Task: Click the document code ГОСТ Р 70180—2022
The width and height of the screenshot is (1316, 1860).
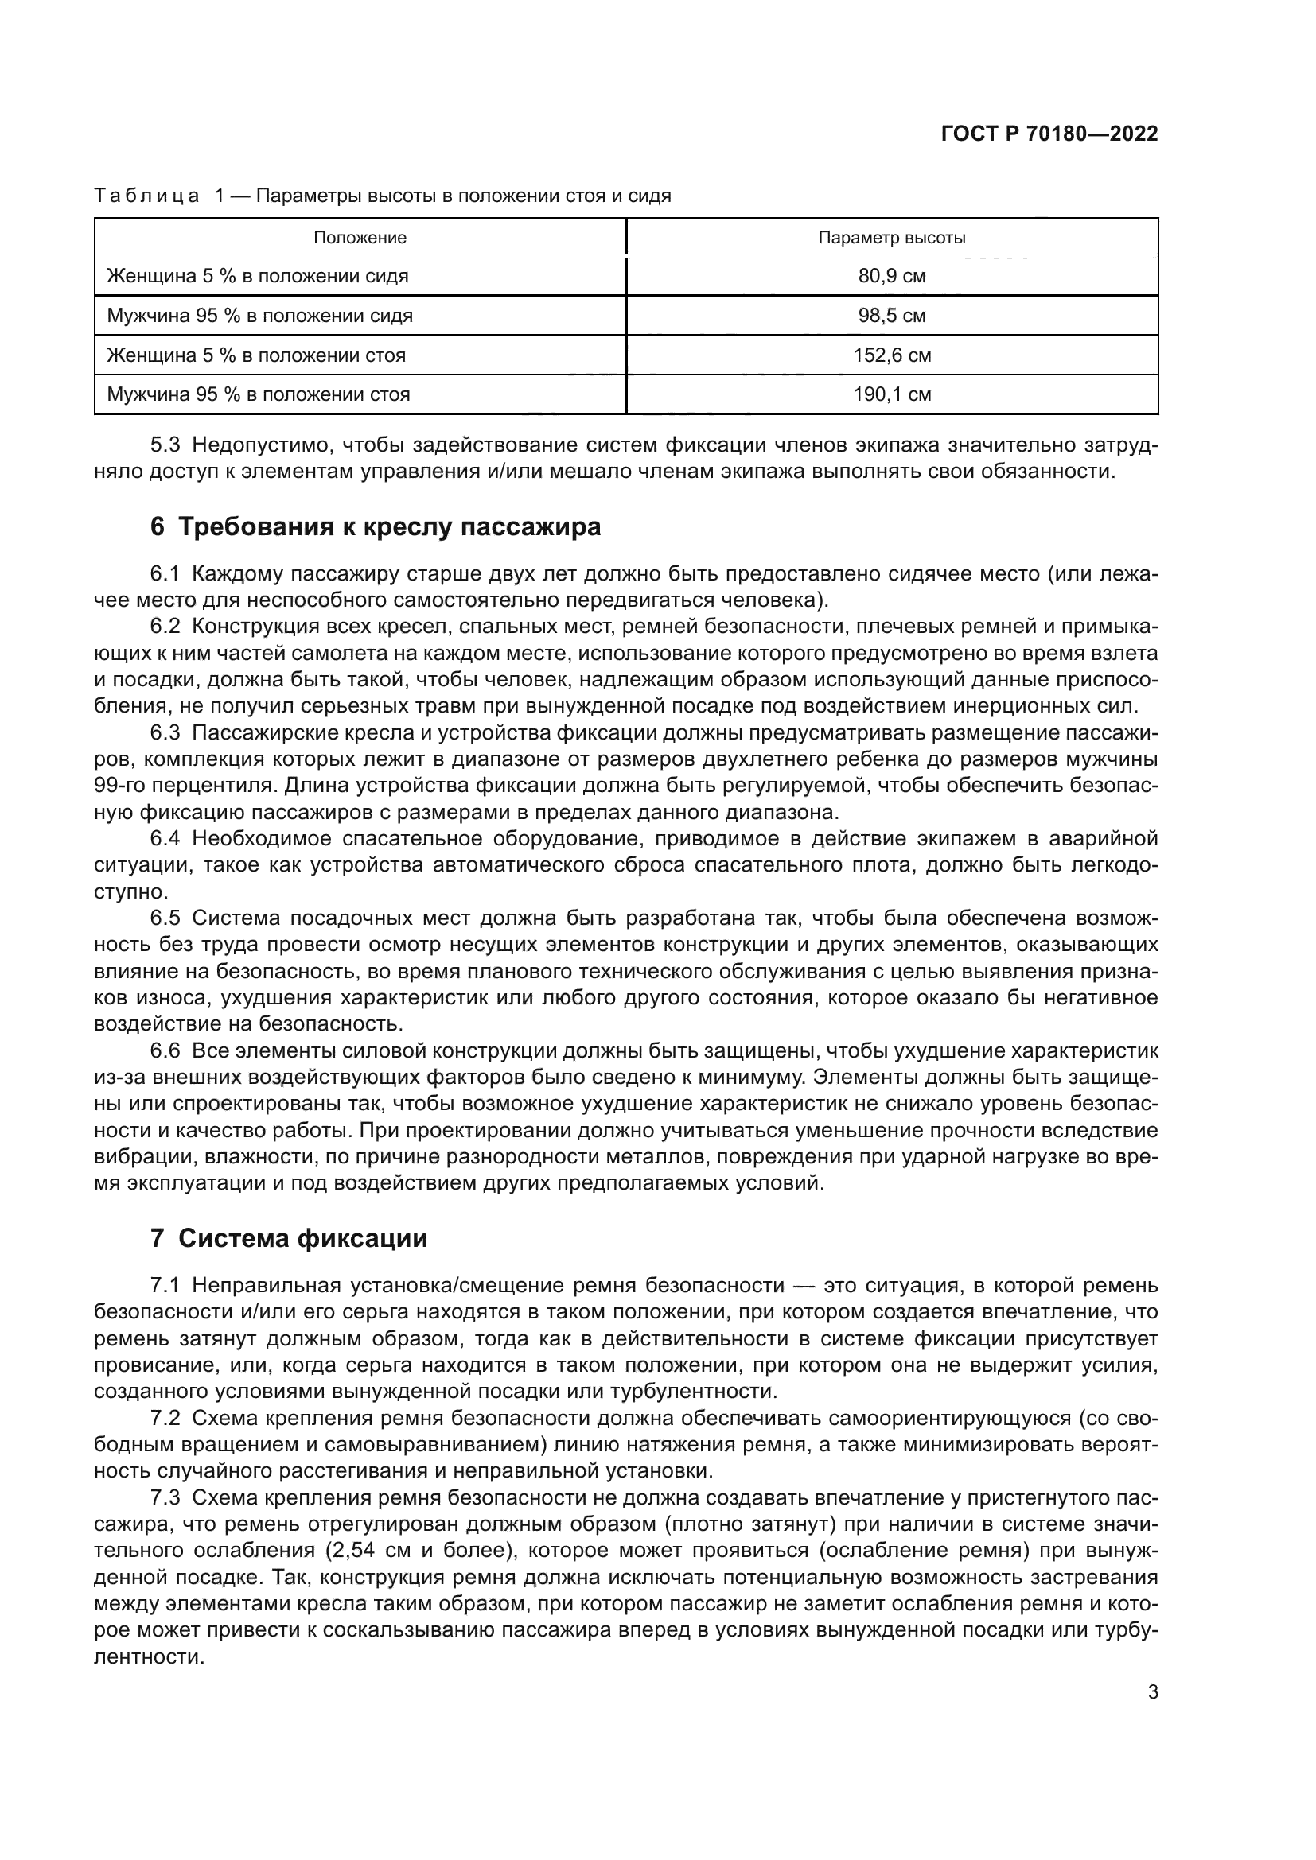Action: pyautogui.click(x=1049, y=134)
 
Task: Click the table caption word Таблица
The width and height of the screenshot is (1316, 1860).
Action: pyautogui.click(x=146, y=196)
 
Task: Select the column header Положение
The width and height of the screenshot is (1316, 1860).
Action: pyautogui.click(x=360, y=239)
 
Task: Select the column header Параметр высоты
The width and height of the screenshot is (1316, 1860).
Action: pyautogui.click(x=891, y=239)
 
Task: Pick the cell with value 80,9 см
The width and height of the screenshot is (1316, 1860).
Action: pyautogui.click(x=891, y=276)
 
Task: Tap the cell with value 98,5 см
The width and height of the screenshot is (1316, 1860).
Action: pyautogui.click(x=891, y=316)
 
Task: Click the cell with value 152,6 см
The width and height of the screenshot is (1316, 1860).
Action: pyautogui.click(x=891, y=355)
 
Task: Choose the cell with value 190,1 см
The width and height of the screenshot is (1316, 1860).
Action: pyautogui.click(x=891, y=394)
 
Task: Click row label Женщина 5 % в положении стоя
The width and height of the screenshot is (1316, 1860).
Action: pyautogui.click(x=256, y=355)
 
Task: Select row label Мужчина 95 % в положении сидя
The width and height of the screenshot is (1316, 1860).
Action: pyautogui.click(x=259, y=316)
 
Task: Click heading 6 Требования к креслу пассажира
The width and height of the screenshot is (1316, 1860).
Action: pyautogui.click(x=376, y=527)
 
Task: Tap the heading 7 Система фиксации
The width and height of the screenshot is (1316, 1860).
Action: pyautogui.click(x=289, y=1239)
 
